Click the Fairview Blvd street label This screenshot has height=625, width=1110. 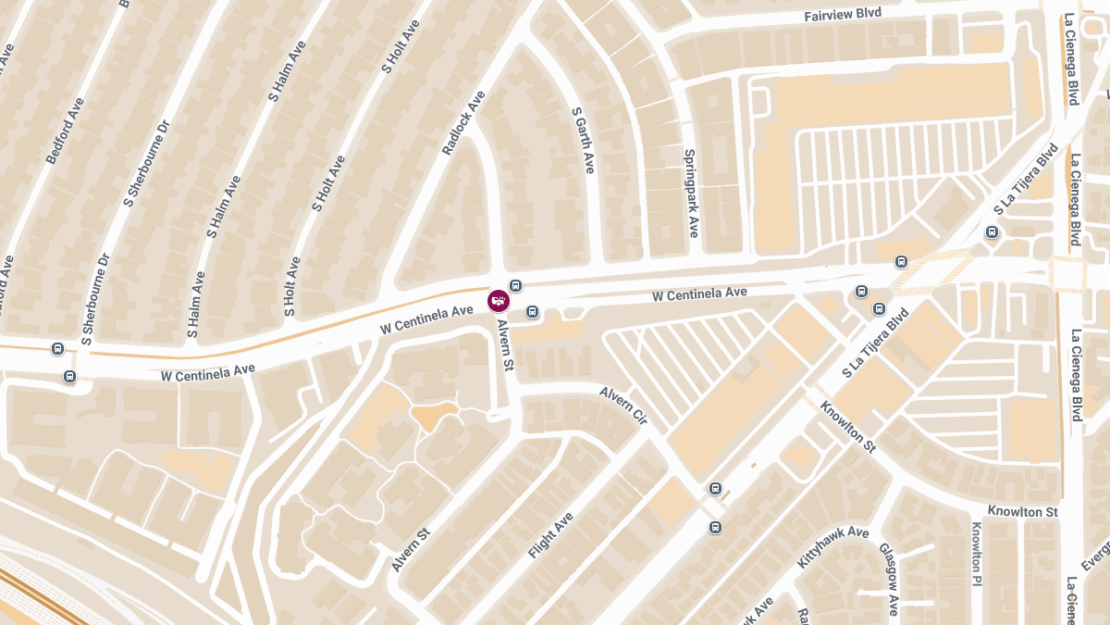click(x=843, y=14)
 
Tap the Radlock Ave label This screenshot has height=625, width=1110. click(x=463, y=122)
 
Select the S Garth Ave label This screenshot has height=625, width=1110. click(x=582, y=141)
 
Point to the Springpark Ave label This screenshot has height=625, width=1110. click(x=690, y=193)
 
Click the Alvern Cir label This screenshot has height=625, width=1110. click(x=623, y=406)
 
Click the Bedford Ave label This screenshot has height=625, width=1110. click(x=65, y=131)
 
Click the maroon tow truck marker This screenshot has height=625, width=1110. click(x=499, y=300)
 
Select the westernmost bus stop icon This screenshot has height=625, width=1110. click(x=58, y=349)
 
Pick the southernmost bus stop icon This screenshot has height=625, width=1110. click(x=715, y=527)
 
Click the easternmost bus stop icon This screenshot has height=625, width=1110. click(x=993, y=232)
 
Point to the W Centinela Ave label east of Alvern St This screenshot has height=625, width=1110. click(x=699, y=294)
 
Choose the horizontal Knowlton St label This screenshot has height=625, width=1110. click(x=1022, y=512)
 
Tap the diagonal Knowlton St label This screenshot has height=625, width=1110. click(x=847, y=427)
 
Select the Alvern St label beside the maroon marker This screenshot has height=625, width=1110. click(x=505, y=345)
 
